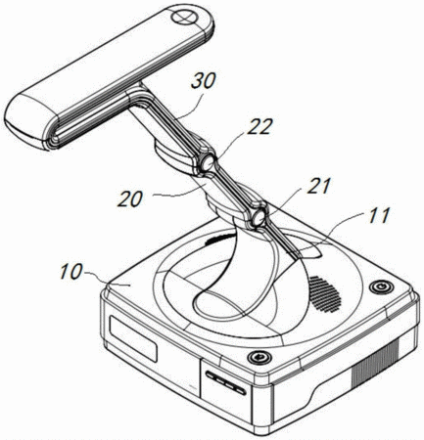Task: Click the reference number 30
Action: click(x=204, y=81)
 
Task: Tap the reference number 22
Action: click(x=259, y=126)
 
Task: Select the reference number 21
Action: click(x=318, y=186)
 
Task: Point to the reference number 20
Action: click(x=130, y=198)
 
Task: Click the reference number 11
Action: click(x=379, y=215)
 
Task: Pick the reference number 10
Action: click(x=71, y=271)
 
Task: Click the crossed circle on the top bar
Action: click(x=185, y=18)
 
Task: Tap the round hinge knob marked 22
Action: click(x=208, y=162)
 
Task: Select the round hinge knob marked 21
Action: click(x=258, y=217)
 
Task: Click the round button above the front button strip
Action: click(x=259, y=357)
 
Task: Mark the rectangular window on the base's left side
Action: click(x=133, y=338)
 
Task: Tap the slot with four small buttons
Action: click(x=226, y=382)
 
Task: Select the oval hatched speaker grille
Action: click(x=325, y=294)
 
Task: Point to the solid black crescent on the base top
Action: click(x=220, y=240)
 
